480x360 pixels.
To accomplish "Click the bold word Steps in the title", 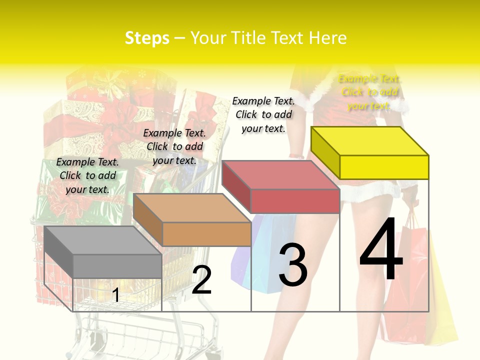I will click(x=147, y=38).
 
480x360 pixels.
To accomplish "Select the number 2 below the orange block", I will click(x=201, y=280).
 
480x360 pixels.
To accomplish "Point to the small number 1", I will click(x=115, y=295).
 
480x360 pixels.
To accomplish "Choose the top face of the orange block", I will click(x=192, y=207).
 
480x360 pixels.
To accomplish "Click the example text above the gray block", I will click(x=87, y=175).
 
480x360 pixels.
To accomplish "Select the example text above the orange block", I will click(x=174, y=146).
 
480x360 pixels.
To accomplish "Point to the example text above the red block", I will click(x=263, y=114).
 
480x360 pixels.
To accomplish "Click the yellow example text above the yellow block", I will click(x=369, y=92).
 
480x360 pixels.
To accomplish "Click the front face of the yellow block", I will click(x=384, y=167).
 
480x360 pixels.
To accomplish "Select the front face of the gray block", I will click(x=117, y=266).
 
